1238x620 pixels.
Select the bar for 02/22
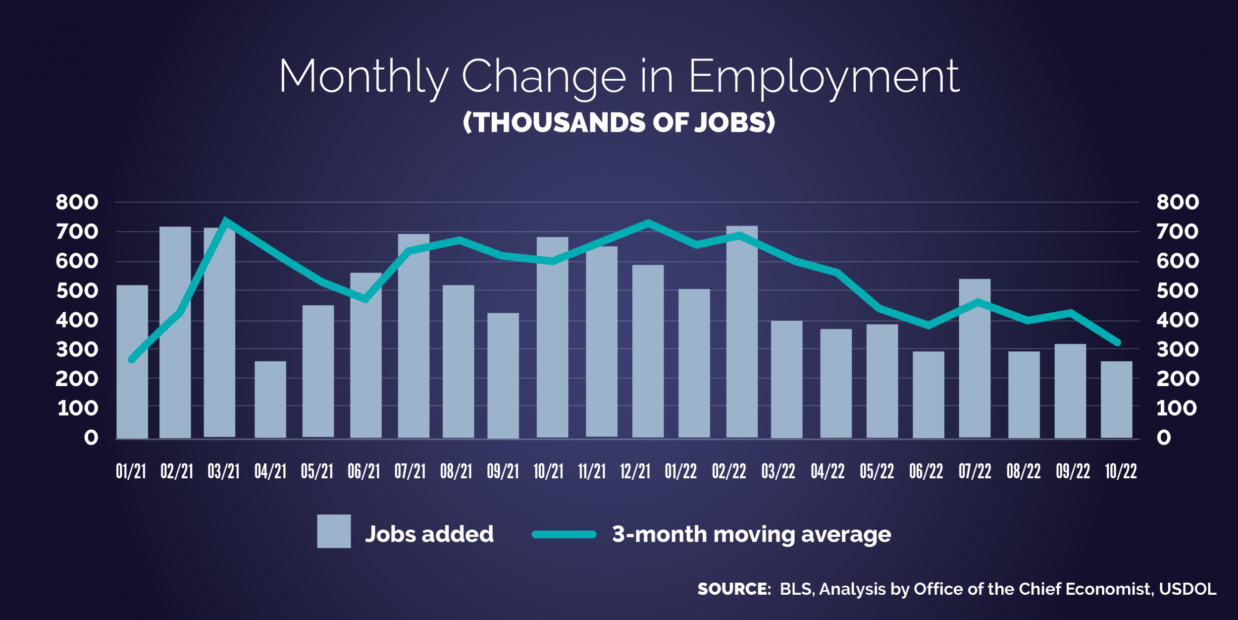[742, 332]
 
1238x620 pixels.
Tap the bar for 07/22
[975, 358]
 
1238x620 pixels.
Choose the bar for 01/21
[132, 362]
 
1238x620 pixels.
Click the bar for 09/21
[503, 376]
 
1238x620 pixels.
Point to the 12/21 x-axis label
[635, 471]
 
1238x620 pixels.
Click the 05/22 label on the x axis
[877, 471]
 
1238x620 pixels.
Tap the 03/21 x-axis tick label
[223, 471]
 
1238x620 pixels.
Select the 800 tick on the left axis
[77, 202]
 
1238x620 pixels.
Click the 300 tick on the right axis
[1177, 350]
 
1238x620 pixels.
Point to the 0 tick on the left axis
[91, 438]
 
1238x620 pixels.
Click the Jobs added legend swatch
[334, 531]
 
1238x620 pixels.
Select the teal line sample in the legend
[564, 534]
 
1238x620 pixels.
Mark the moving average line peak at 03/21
[226, 220]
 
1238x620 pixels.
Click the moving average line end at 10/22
[1118, 342]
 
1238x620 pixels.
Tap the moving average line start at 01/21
[132, 360]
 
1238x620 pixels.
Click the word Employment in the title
[824, 77]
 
